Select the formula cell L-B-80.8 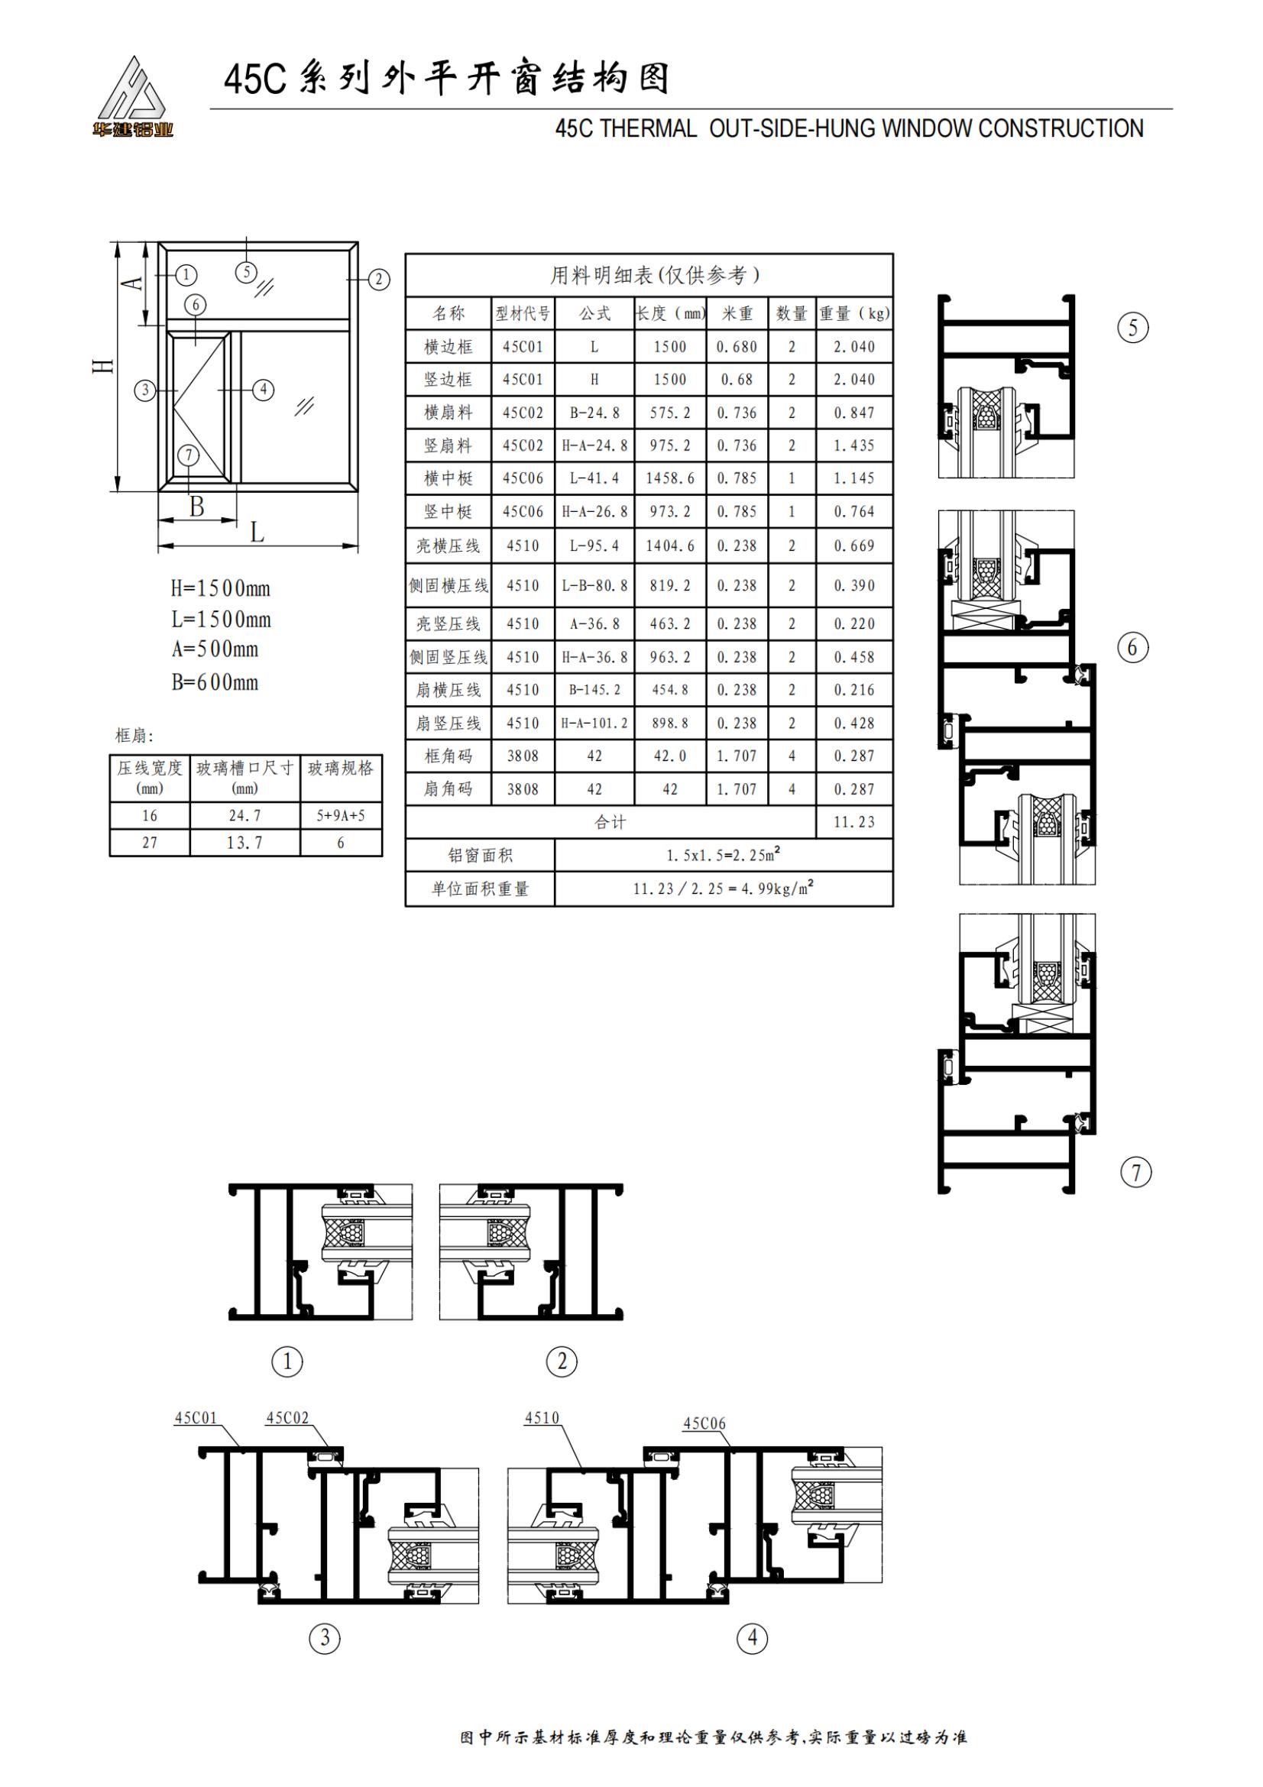[x=594, y=585]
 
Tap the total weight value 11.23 [x=853, y=822]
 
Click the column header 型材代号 [x=522, y=314]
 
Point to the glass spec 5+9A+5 [x=340, y=816]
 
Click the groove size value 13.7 [x=245, y=843]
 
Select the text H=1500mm [x=220, y=588]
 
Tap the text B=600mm [x=215, y=682]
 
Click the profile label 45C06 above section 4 [x=704, y=1423]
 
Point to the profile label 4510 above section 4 [x=542, y=1417]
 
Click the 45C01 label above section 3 [x=196, y=1417]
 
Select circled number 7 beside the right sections [x=1135, y=1172]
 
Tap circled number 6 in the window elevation [x=196, y=304]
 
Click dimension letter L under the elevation [x=257, y=533]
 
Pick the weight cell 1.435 [x=853, y=446]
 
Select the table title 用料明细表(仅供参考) [x=656, y=275]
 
